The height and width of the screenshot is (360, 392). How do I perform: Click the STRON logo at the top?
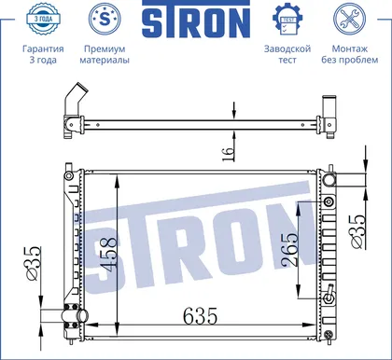[196, 20]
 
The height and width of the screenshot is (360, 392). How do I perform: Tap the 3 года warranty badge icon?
[43, 18]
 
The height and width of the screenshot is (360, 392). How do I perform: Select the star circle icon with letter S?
[105, 18]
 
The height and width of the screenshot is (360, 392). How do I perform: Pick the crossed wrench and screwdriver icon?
[349, 18]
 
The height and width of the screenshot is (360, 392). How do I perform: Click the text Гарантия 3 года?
[43, 54]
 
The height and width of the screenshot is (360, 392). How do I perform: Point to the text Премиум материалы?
[105, 54]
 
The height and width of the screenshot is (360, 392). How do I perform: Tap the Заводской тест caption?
[287, 54]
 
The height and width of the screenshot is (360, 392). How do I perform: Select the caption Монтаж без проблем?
[350, 54]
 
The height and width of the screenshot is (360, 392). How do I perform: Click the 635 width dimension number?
[200, 316]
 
